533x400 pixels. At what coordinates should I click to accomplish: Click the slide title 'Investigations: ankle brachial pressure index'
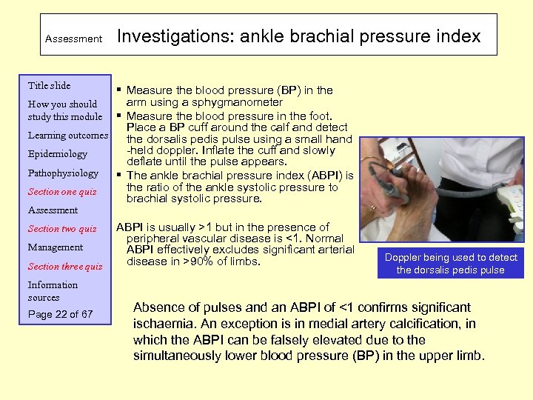click(x=298, y=36)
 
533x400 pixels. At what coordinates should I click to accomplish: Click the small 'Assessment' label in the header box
click(x=73, y=39)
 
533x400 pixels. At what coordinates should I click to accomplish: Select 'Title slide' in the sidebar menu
click(x=49, y=86)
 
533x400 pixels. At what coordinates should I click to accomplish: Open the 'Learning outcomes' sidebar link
click(x=68, y=136)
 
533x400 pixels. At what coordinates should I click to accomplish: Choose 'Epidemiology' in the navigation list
click(x=58, y=154)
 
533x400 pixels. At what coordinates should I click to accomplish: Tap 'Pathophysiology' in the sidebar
click(x=63, y=173)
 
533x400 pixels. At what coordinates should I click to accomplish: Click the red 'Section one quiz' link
click(x=62, y=192)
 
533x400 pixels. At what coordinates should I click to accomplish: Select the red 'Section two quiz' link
click(x=62, y=229)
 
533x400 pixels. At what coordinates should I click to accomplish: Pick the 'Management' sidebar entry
click(x=56, y=247)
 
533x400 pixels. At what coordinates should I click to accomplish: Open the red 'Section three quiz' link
click(x=65, y=267)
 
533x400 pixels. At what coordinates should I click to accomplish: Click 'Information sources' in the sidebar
click(x=53, y=291)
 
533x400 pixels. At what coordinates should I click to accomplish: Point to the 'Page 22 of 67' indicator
click(x=60, y=315)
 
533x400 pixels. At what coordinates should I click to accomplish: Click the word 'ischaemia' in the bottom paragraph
click(x=163, y=324)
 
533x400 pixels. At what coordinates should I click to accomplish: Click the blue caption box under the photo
click(x=450, y=264)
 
